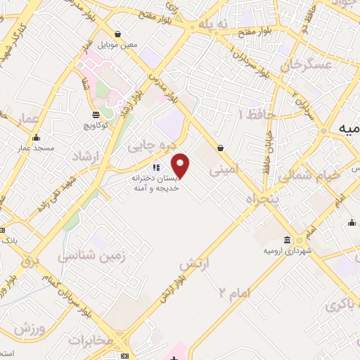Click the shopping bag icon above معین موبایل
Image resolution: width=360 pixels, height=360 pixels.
[117, 34]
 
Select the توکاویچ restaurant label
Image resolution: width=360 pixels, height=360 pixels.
[96, 127]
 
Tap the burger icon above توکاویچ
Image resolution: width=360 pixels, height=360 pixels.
[96, 115]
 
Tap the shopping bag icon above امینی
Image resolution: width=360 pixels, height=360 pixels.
[221, 148]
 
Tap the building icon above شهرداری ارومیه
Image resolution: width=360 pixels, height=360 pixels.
[288, 239]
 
